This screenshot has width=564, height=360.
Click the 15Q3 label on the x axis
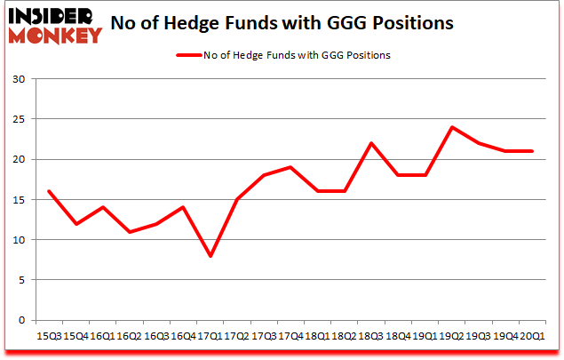49,336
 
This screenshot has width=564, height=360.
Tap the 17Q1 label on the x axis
211,336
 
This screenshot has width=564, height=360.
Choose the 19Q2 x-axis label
452,336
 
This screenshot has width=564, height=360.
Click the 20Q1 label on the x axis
532,336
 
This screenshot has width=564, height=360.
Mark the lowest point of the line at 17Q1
211,256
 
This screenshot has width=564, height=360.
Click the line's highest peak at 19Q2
452,127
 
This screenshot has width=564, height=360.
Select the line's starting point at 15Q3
49,191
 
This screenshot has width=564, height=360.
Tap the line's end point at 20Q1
532,151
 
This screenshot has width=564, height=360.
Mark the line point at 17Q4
290,167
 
